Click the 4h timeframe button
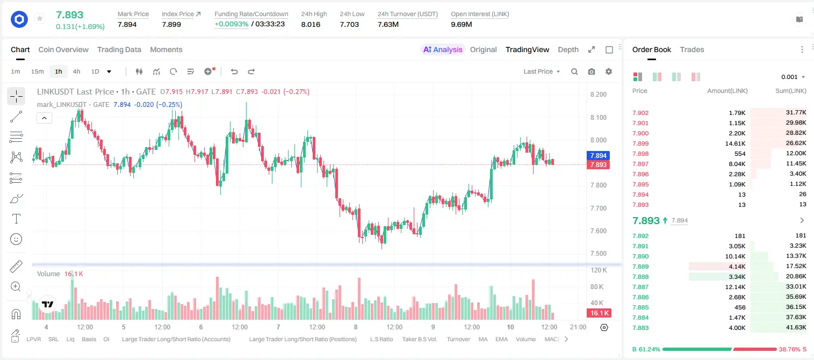(76, 71)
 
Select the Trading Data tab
(119, 49)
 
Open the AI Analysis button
(443, 49)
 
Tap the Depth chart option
(568, 49)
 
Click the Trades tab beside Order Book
(692, 49)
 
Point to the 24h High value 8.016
(311, 24)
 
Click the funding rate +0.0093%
(232, 24)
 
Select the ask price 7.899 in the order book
(640, 143)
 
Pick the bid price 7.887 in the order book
(640, 287)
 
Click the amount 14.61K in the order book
(735, 143)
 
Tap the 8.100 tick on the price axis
(599, 117)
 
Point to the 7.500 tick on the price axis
(599, 253)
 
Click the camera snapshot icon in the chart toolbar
(592, 71)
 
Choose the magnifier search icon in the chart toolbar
(574, 71)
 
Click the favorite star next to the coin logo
(40, 18)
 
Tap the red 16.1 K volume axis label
(599, 313)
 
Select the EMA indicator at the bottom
(501, 339)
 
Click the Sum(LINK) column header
(791, 91)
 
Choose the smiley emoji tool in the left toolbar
(16, 239)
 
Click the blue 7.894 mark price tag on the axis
(598, 155)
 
